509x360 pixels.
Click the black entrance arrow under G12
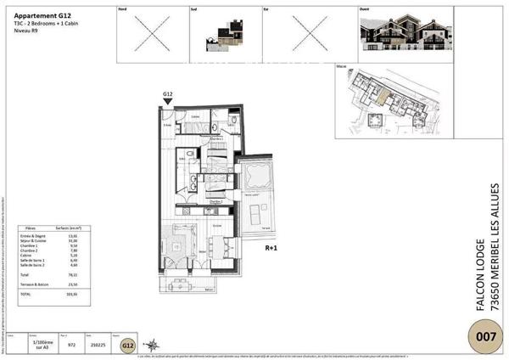pos(167,101)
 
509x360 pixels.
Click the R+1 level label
pos(272,250)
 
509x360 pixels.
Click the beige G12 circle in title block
pos(127,346)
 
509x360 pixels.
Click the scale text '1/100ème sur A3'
pos(40,346)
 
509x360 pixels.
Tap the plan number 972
pos(72,346)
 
